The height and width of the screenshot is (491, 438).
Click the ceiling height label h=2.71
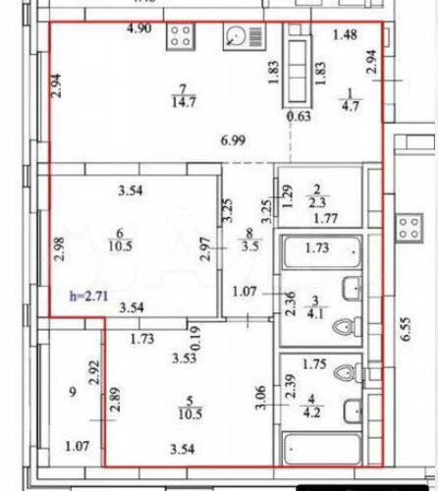coord(88,297)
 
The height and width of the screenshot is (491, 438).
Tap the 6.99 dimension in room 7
coord(233,140)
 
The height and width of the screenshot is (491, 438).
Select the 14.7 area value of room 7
coord(184,102)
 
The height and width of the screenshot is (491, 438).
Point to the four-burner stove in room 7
coord(181,36)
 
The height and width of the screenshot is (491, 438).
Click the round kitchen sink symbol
coord(236,36)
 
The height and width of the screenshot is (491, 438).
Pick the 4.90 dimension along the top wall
coord(139,28)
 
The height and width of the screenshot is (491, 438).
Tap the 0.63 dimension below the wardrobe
coord(299,116)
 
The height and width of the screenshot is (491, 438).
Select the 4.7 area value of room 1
coord(351,106)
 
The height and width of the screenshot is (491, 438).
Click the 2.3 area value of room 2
coord(317,202)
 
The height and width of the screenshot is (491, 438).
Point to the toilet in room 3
coord(347,327)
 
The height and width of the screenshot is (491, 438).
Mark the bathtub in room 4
coord(322,449)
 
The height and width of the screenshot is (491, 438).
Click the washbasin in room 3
coord(352,289)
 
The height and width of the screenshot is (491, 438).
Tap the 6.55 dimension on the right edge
coord(406,329)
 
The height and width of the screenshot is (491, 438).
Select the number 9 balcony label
coord(73,392)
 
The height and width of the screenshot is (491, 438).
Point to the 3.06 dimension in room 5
coord(261,398)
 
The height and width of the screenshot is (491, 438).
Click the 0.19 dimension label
coord(195,339)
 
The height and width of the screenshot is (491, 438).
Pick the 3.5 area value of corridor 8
coord(250,246)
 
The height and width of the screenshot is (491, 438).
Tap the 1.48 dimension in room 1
coord(345,34)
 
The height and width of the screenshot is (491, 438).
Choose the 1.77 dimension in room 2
coord(326,218)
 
